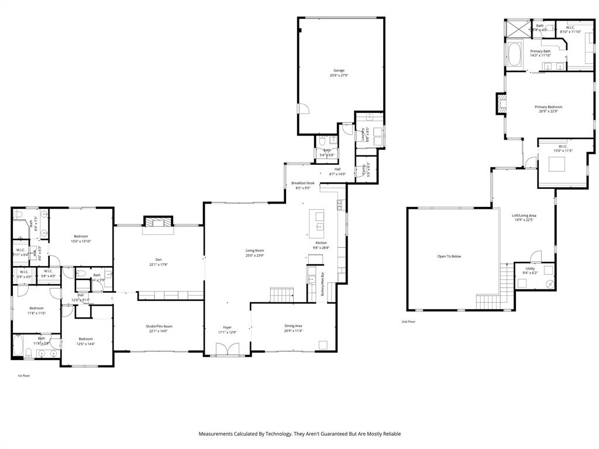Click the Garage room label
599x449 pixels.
pyautogui.click(x=339, y=70)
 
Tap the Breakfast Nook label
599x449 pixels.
pyautogui.click(x=303, y=183)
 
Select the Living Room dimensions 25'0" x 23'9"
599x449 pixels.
pyautogui.click(x=254, y=255)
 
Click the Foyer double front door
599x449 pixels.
pyautogui.click(x=228, y=350)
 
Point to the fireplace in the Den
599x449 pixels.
pyautogui.click(x=159, y=222)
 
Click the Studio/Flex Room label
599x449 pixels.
pyautogui.click(x=159, y=326)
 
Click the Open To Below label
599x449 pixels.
pyautogui.click(x=449, y=256)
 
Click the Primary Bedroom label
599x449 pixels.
pyautogui.click(x=548, y=107)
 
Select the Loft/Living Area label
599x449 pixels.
pyautogui.click(x=524, y=215)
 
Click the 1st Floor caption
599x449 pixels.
pyautogui.click(x=23, y=375)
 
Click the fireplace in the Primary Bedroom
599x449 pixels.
pyautogui.click(x=501, y=104)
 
